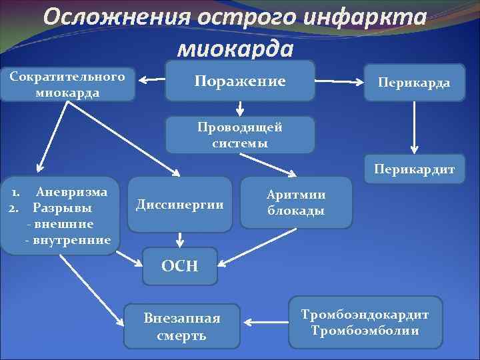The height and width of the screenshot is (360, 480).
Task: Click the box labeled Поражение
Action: coord(240,81)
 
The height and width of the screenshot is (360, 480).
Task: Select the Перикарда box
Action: coord(413,83)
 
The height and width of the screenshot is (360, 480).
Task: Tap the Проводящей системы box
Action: coord(239,135)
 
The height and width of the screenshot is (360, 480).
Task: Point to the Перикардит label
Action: coord(414,169)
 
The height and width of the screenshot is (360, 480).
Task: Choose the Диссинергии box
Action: coord(179,204)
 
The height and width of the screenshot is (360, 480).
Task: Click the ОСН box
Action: coord(180,266)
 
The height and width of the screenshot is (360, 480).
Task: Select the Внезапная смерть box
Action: coord(181,327)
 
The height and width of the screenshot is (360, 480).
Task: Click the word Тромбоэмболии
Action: coord(365,330)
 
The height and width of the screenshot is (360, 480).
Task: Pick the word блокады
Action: coord(296,211)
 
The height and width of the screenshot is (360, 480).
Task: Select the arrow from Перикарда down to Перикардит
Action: coord(415,127)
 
